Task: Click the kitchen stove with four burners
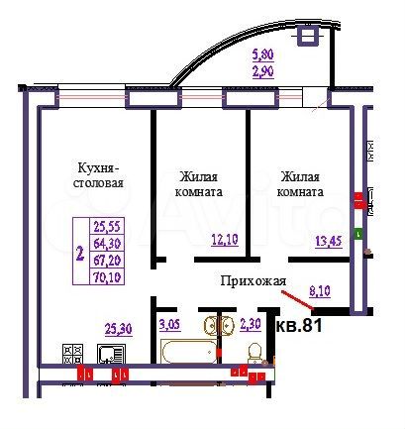coord(73,352)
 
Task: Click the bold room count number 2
coord(79,252)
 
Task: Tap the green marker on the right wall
coord(358,234)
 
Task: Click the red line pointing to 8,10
coord(299,299)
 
